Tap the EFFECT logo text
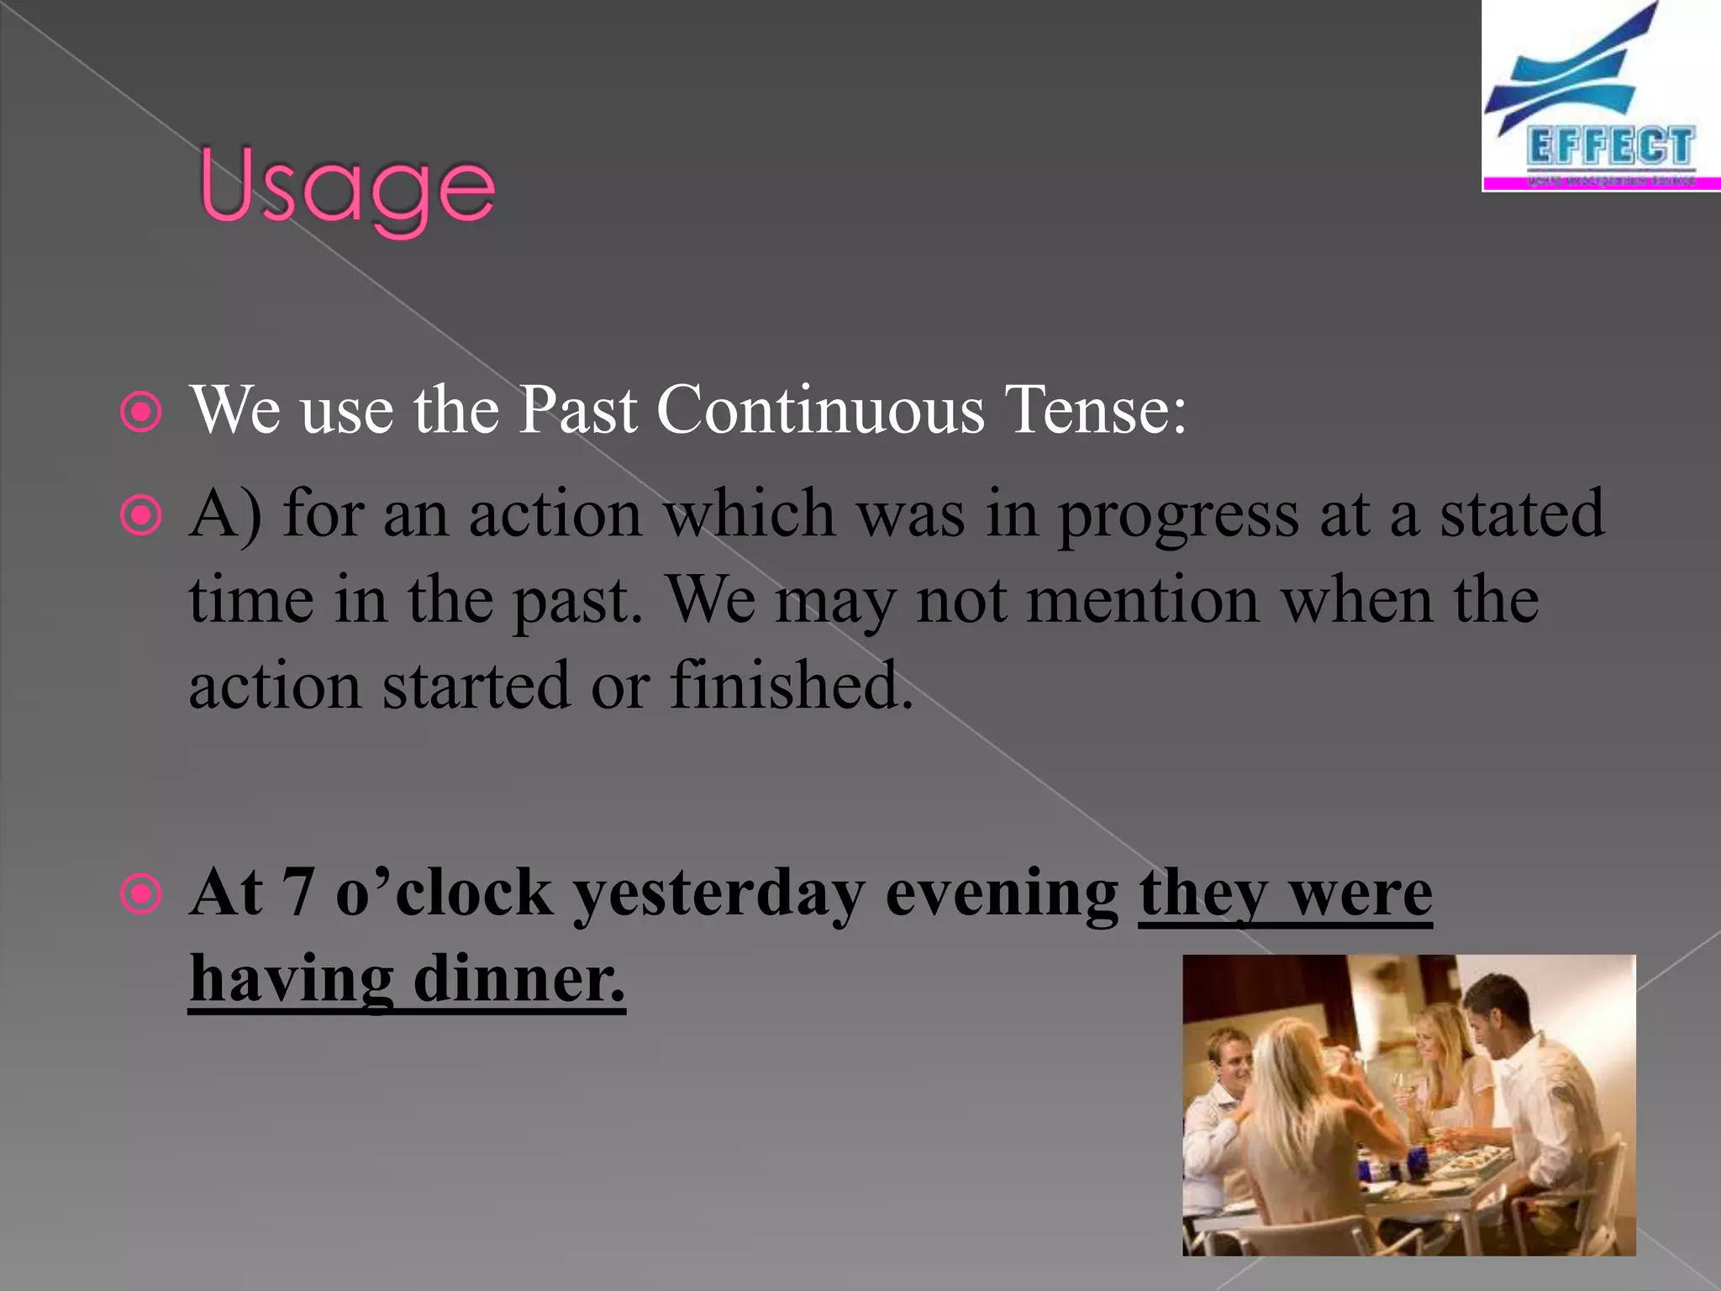pyautogui.click(x=1609, y=146)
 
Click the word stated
pyautogui.click(x=1522, y=514)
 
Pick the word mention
pyautogui.click(x=1143, y=601)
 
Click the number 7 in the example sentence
pyautogui.click(x=297, y=892)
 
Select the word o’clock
pyautogui.click(x=444, y=892)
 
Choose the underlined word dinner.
pyautogui.click(x=519, y=979)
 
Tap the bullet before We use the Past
pyautogui.click(x=140, y=413)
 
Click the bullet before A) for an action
pyautogui.click(x=140, y=516)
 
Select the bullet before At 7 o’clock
pyautogui.click(x=140, y=894)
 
